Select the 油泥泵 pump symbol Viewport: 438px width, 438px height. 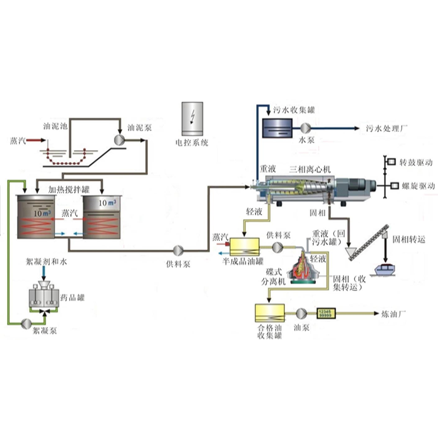pos(119,140)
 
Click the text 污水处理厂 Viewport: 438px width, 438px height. pos(387,129)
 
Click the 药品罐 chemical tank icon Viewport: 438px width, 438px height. pos(46,296)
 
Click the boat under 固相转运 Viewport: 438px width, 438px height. pos(388,270)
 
